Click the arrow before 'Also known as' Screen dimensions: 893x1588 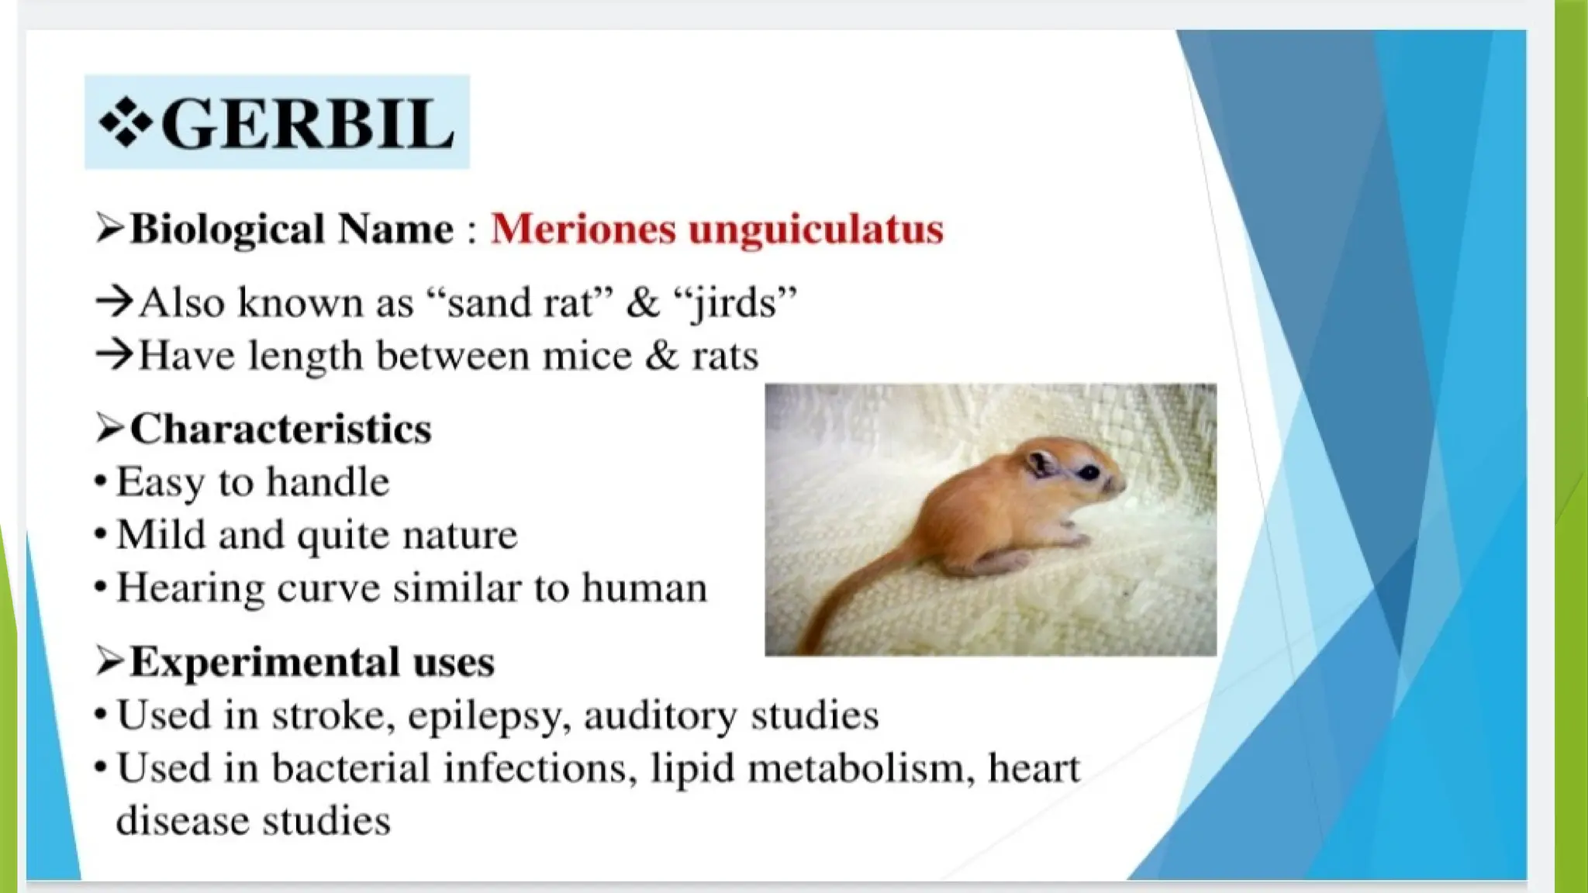coord(114,302)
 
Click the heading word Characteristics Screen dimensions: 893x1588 coord(281,429)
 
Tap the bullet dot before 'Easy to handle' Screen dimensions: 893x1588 coord(100,482)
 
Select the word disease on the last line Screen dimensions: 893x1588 coord(182,821)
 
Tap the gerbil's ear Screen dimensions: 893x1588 coord(1041,463)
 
